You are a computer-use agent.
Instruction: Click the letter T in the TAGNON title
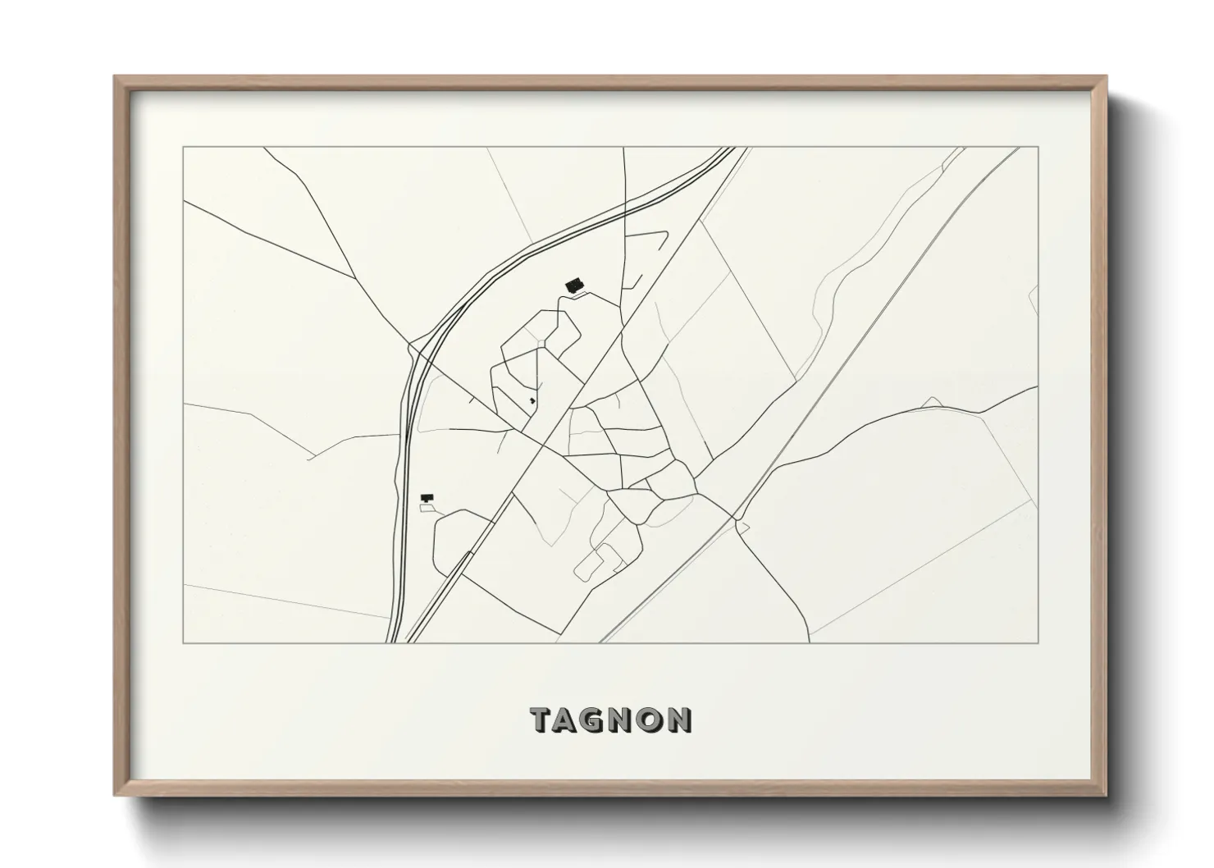(x=544, y=720)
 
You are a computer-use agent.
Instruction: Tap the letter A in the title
(x=572, y=720)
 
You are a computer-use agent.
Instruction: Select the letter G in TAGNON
(x=601, y=720)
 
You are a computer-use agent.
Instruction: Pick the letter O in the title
(x=649, y=720)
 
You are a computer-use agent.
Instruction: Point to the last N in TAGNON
(x=678, y=720)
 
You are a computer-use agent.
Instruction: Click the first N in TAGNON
(x=625, y=720)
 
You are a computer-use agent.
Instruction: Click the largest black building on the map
(x=573, y=285)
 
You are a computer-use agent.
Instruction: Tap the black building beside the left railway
(x=426, y=497)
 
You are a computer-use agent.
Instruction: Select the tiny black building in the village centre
(x=532, y=400)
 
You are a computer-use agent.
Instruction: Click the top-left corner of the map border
(x=183, y=147)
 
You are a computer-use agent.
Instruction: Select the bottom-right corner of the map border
(x=1038, y=642)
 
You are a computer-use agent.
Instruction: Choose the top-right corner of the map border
(x=1038, y=147)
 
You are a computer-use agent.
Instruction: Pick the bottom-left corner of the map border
(x=183, y=642)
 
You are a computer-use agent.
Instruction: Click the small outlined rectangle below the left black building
(x=426, y=509)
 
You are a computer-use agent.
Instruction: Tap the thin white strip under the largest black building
(x=577, y=294)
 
